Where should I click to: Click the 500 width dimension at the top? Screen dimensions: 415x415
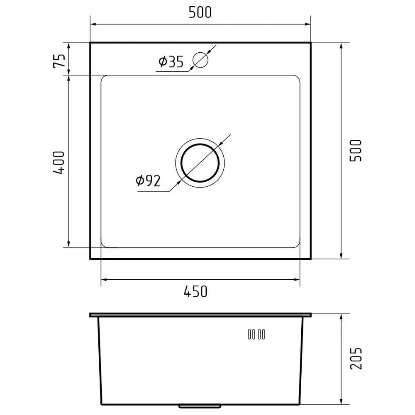click(x=200, y=12)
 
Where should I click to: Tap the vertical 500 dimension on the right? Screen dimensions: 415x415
click(x=356, y=151)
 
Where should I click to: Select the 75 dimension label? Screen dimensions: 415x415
click(x=59, y=61)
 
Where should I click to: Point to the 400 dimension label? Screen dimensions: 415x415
click(x=59, y=163)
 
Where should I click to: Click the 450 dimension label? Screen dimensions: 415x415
click(x=195, y=291)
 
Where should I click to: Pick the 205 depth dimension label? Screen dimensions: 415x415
click(x=356, y=359)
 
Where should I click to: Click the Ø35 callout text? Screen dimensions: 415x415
click(x=171, y=62)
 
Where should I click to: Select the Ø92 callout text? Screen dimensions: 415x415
click(x=148, y=181)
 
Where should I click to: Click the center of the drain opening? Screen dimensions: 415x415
click(x=200, y=163)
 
